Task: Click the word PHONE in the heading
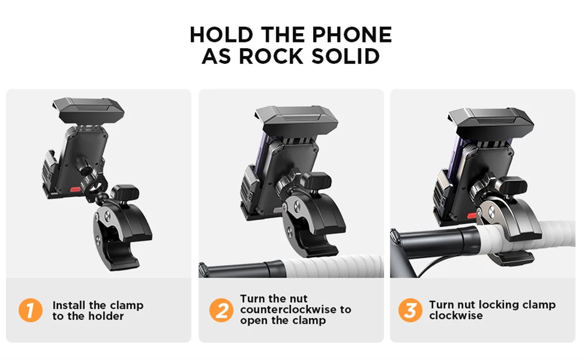click(x=352, y=35)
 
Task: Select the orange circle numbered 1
click(x=30, y=311)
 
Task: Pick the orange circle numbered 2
click(x=221, y=311)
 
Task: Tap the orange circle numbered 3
click(x=410, y=311)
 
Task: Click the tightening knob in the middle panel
click(x=315, y=180)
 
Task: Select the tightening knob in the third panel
click(x=512, y=185)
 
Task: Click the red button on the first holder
click(x=75, y=190)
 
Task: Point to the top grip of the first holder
click(x=88, y=110)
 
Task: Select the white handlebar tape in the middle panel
click(x=332, y=267)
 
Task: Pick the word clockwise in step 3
click(x=456, y=316)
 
